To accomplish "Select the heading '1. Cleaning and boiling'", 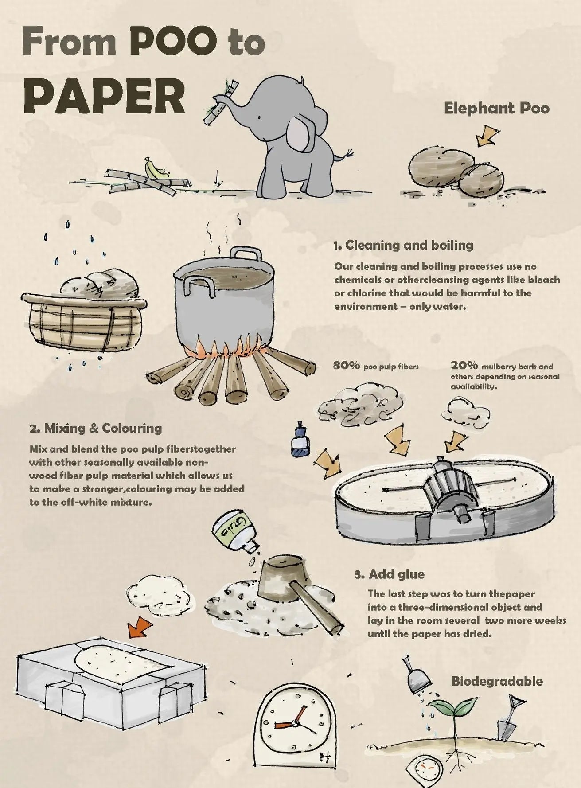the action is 403,245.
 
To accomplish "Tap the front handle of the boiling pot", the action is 197,284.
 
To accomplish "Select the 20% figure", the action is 464,366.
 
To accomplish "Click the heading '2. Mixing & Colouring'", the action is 96,428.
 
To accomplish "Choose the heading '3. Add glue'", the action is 390,574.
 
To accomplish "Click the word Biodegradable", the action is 497,681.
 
